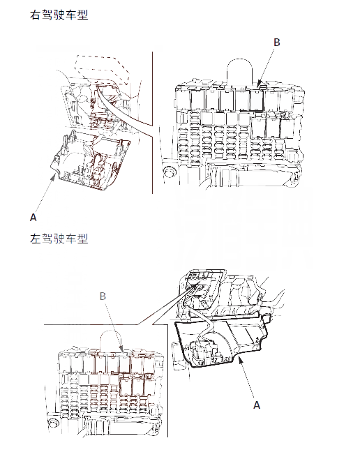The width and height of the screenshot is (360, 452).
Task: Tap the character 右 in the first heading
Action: click(x=33, y=15)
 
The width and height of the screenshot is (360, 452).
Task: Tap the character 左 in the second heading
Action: click(x=33, y=239)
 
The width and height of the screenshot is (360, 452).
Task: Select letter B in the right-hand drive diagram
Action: click(x=276, y=43)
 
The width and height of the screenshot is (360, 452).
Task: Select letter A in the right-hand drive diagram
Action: click(x=33, y=217)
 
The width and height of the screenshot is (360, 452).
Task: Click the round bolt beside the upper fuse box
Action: click(x=167, y=171)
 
